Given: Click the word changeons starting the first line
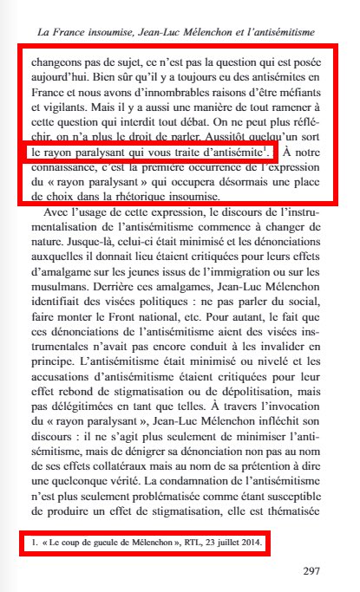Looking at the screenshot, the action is coord(58,62).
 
